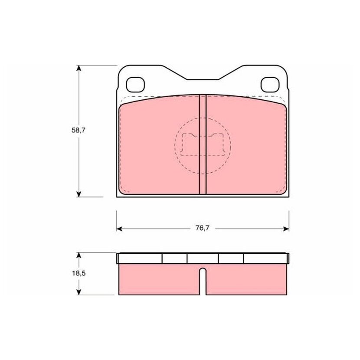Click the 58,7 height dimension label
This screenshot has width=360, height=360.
[79, 131]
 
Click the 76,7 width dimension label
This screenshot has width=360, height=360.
[202, 228]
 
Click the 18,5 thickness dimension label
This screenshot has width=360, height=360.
[79, 273]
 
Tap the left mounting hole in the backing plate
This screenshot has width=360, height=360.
[135, 85]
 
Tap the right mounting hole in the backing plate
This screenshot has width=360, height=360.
[270, 85]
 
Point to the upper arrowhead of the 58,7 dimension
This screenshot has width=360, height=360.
[79, 69]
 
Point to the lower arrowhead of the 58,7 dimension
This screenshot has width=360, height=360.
[79, 194]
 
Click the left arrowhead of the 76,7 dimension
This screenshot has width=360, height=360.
[120, 229]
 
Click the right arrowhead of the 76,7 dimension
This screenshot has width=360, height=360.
[286, 229]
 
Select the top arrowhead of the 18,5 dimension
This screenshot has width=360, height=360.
[79, 256]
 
